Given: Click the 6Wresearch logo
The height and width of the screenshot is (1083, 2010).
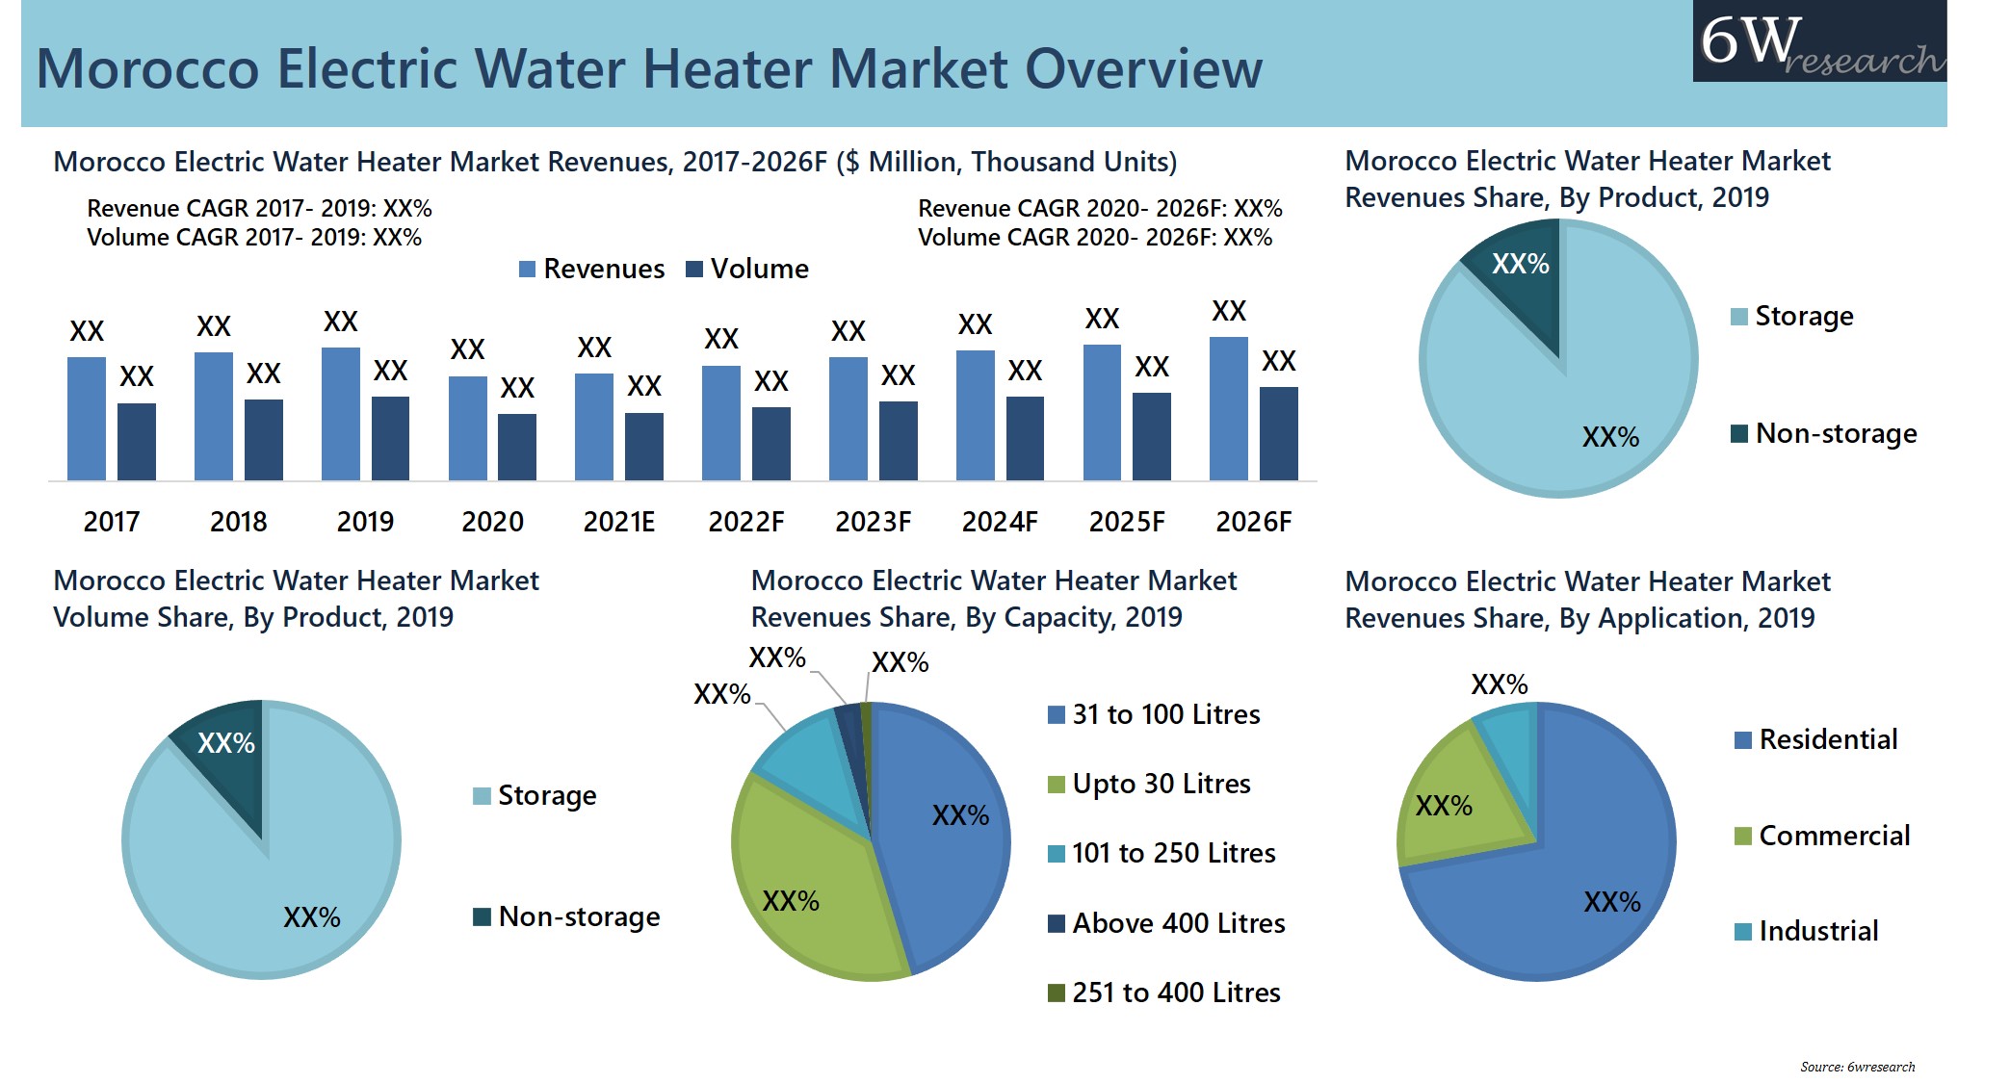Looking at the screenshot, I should [1818, 42].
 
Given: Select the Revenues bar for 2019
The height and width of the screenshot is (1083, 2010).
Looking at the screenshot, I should [340, 414].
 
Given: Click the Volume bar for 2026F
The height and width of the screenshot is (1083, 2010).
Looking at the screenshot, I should [1278, 433].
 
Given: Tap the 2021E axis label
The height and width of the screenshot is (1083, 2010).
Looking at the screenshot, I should [618, 522].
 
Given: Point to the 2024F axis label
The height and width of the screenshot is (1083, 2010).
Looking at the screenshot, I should [999, 522].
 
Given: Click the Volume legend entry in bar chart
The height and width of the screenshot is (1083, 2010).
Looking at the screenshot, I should [747, 269].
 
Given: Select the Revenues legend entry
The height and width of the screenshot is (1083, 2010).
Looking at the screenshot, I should [591, 269].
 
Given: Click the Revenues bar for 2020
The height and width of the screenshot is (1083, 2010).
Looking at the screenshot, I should [467, 428].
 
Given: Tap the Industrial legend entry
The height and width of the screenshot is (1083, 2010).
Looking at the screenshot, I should [1806, 931].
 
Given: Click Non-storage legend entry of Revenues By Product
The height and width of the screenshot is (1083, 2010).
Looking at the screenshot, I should [1823, 433].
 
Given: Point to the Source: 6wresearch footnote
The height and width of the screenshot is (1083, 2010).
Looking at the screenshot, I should [1857, 1067].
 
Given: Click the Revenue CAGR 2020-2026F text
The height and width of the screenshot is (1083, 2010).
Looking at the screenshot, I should [1099, 208].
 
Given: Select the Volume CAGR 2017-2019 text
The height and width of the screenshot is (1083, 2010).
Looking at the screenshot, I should [254, 237].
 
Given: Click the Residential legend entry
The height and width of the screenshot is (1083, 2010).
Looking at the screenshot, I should [1815, 739].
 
